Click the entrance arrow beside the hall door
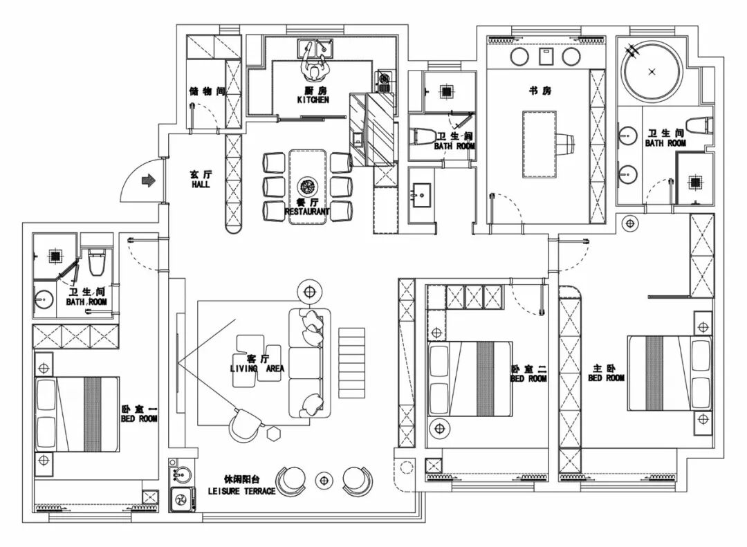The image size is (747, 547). pyautogui.click(x=149, y=180)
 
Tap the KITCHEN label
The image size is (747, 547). pyautogui.click(x=313, y=100)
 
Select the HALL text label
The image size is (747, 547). pyautogui.click(x=201, y=185)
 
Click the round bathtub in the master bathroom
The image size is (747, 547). pyautogui.click(x=652, y=72)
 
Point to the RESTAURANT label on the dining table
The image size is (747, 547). pyautogui.click(x=307, y=211)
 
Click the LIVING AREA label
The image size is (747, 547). pyautogui.click(x=257, y=369)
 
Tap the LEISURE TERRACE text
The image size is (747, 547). pyautogui.click(x=241, y=491)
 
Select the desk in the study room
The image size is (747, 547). pyautogui.click(x=539, y=144)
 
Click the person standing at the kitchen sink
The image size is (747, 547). pyautogui.click(x=313, y=66)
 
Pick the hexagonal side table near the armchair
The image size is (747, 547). pyautogui.click(x=273, y=434)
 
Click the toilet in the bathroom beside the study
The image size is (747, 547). pyautogui.click(x=422, y=136)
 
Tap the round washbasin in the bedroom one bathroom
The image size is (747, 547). pyautogui.click(x=44, y=300)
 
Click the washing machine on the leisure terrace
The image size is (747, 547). pyautogui.click(x=181, y=499)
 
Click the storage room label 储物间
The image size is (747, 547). pyautogui.click(x=207, y=91)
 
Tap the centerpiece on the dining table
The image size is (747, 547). pyautogui.click(x=307, y=186)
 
